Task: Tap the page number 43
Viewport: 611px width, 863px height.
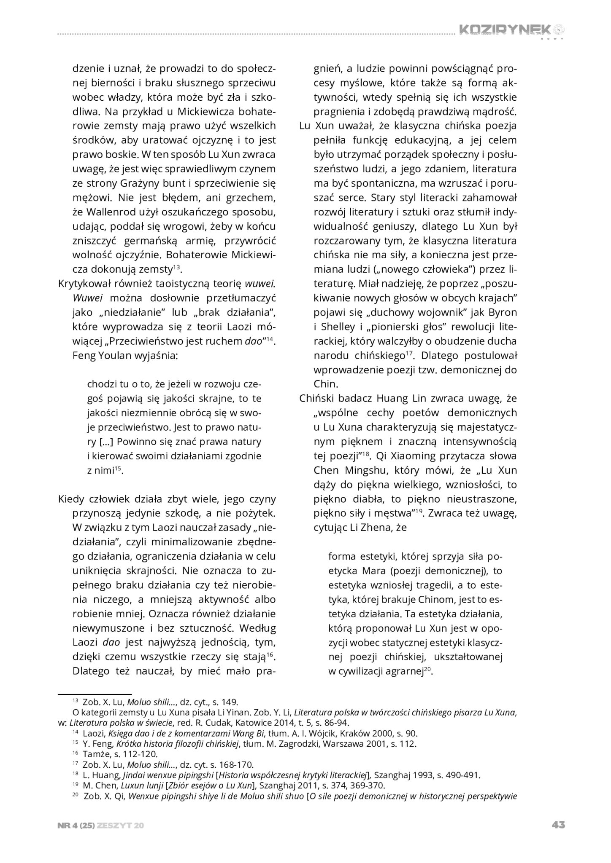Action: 558,825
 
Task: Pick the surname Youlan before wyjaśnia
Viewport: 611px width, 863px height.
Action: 113,355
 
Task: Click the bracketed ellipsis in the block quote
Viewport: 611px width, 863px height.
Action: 107,442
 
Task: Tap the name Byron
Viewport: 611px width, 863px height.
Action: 503,313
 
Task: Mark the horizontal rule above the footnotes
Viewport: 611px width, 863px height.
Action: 95,693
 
